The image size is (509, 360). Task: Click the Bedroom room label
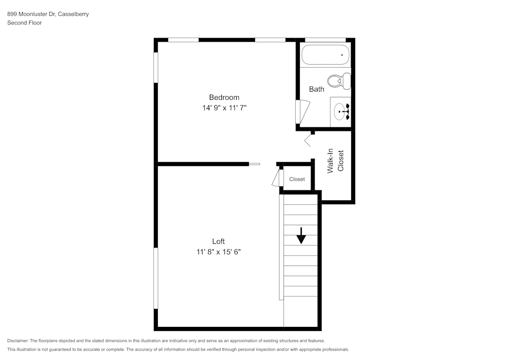pos(224,97)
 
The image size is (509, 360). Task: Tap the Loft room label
pos(218,241)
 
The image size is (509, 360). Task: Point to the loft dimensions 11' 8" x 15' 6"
pos(218,252)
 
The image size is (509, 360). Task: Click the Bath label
pos(317,89)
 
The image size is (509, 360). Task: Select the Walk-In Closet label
pos(335,161)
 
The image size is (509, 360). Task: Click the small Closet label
pos(297,179)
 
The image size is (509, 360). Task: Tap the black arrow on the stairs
pos(301,236)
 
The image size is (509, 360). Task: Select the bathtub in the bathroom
pos(325,54)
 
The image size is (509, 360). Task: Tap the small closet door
pos(278,178)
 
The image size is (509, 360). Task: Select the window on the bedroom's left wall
pos(156,67)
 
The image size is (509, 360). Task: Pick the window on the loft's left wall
pos(156,278)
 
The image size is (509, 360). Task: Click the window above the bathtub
pos(325,40)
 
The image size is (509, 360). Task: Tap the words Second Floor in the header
pos(24,23)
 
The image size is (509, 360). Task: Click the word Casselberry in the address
pos(73,14)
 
